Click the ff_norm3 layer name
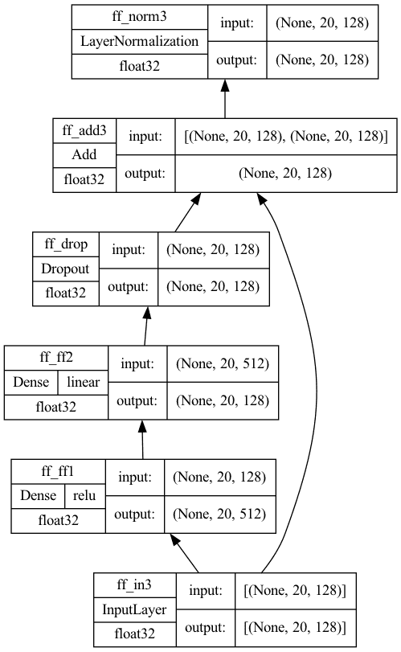click(140, 17)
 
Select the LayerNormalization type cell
click(140, 42)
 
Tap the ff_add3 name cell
click(84, 130)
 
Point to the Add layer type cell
click(84, 155)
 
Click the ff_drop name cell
click(66, 244)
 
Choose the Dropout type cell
click(66, 269)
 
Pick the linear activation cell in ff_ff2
click(83, 382)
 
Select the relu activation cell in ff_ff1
click(84, 496)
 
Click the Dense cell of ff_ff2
click(31, 382)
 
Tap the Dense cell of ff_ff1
click(39, 496)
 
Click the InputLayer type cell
click(135, 610)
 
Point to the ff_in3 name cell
click(135, 585)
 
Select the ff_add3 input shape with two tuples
click(286, 137)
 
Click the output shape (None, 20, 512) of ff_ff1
click(220, 515)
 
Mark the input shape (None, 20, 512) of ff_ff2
click(223, 364)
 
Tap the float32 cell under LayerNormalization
click(140, 67)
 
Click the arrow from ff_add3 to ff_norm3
click(225, 99)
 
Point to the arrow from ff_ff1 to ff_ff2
click(142, 440)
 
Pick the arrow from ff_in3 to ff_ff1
click(185, 553)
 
